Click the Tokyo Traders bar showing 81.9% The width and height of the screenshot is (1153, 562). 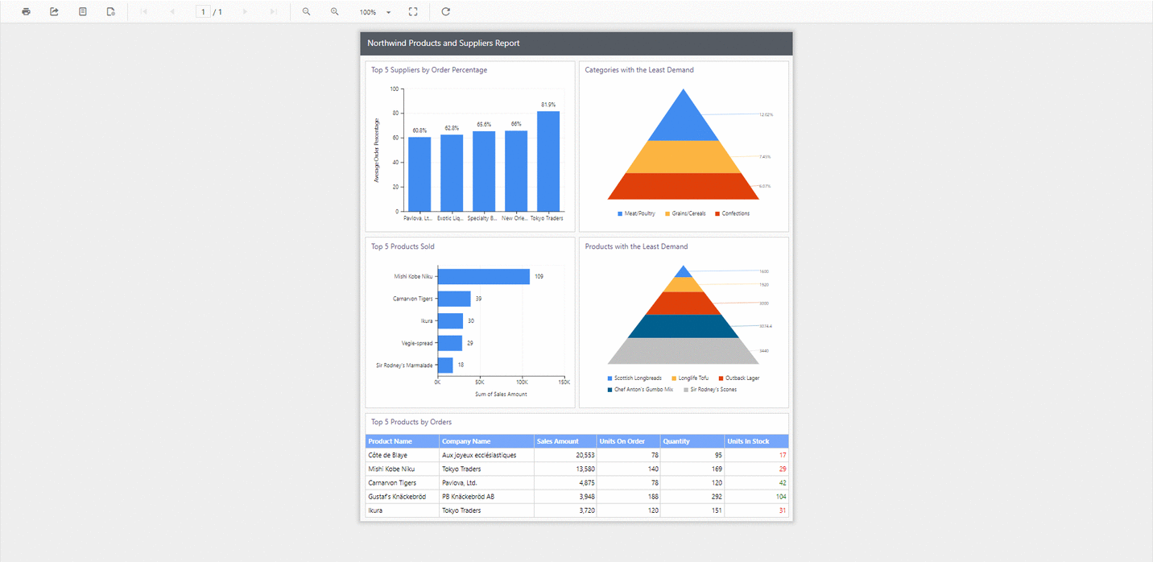[548, 161]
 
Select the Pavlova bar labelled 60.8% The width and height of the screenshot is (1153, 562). [419, 174]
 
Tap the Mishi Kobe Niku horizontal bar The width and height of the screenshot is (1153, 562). [483, 277]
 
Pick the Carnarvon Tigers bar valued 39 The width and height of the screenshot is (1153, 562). [454, 299]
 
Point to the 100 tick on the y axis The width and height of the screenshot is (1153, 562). [395, 89]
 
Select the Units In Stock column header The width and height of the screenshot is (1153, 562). [748, 441]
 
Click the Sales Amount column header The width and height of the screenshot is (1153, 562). [557, 441]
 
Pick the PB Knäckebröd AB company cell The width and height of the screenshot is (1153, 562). [467, 497]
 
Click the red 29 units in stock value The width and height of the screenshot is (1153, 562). [782, 469]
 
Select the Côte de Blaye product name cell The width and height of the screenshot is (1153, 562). [387, 456]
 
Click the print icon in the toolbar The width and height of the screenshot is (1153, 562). [27, 12]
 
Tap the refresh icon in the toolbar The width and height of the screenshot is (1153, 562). [445, 12]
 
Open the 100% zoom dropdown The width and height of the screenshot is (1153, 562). [388, 13]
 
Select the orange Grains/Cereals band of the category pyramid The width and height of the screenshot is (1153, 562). [683, 157]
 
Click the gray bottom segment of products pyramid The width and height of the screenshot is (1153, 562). [683, 351]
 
